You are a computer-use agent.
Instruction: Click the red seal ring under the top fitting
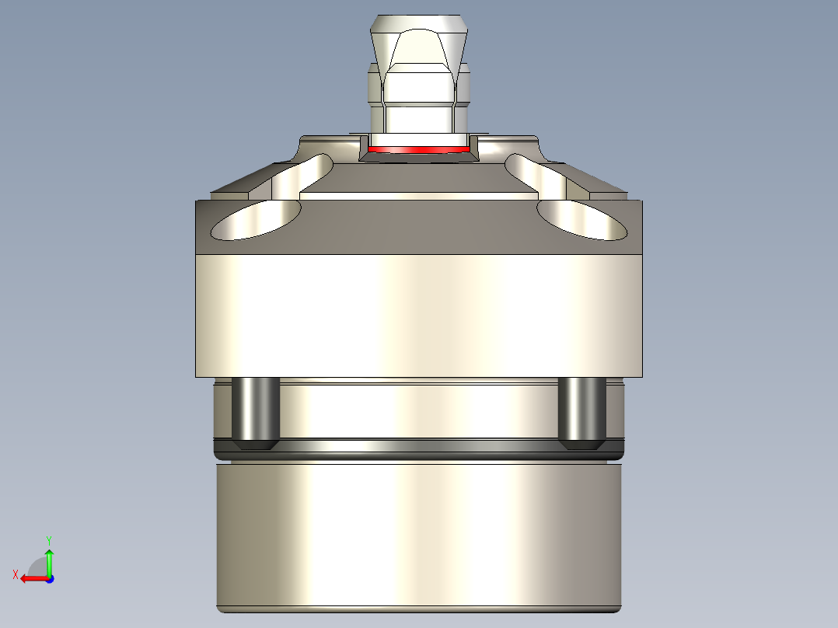coord(418,148)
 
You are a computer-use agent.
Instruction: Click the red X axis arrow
coord(31,578)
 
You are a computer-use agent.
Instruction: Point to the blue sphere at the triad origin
coord(49,578)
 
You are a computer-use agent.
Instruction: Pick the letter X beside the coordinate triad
coord(15,575)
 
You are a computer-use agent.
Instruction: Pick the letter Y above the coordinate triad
coord(49,539)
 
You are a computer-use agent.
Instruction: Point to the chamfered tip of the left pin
coord(256,445)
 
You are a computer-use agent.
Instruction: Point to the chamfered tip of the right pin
coord(582,445)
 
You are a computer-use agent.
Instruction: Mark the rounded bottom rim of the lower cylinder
coord(418,608)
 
